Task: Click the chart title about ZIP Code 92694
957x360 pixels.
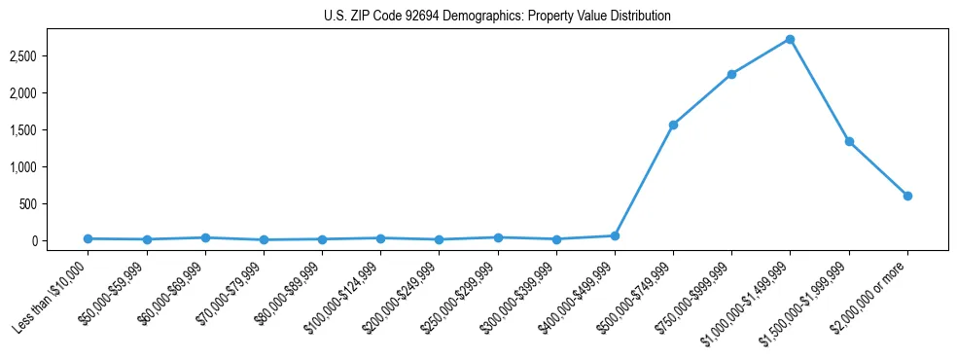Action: pyautogui.click(x=497, y=17)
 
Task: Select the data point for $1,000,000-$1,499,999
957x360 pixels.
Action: pyautogui.click(x=790, y=39)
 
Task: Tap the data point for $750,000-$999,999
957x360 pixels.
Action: pyautogui.click(x=731, y=74)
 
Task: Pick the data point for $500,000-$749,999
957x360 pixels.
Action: pyautogui.click(x=673, y=125)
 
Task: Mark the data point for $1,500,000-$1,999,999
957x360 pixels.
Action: pyautogui.click(x=849, y=141)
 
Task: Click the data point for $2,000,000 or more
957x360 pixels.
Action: pyautogui.click(x=907, y=196)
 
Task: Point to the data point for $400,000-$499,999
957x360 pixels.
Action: pyautogui.click(x=615, y=235)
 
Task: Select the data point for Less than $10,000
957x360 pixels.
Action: pyautogui.click(x=88, y=238)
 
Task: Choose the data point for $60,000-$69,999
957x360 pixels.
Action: pyautogui.click(x=204, y=237)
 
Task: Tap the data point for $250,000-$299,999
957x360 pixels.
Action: pyautogui.click(x=498, y=237)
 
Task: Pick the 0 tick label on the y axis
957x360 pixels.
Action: pyautogui.click(x=61, y=241)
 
